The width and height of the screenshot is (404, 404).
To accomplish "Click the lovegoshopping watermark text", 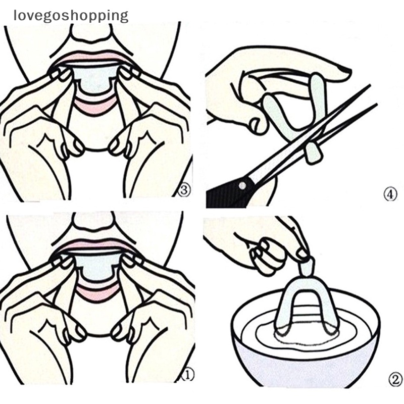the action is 71,16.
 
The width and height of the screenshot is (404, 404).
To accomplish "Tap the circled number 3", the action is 184,191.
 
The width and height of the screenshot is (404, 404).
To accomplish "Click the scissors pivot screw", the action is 242,185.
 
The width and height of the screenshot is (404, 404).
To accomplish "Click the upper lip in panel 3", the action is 93,57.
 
